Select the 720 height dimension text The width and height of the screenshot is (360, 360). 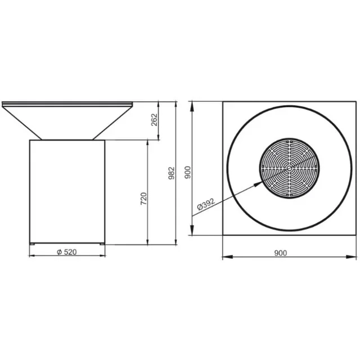tap(143, 198)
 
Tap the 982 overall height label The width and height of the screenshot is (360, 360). tap(172, 173)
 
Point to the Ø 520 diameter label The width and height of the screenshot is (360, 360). tap(67, 252)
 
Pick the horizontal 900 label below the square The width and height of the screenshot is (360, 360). tap(281, 253)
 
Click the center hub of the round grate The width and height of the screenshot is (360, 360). tap(288, 167)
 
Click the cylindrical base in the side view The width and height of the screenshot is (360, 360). tap(67, 191)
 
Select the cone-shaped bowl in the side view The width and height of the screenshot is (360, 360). tap(67, 121)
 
